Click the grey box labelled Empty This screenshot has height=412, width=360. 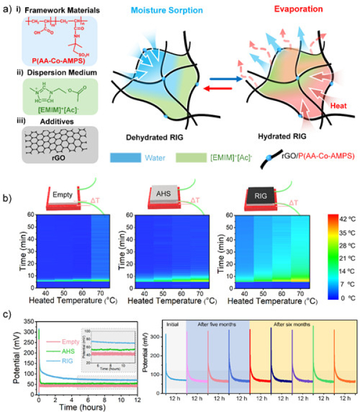point(62,194)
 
